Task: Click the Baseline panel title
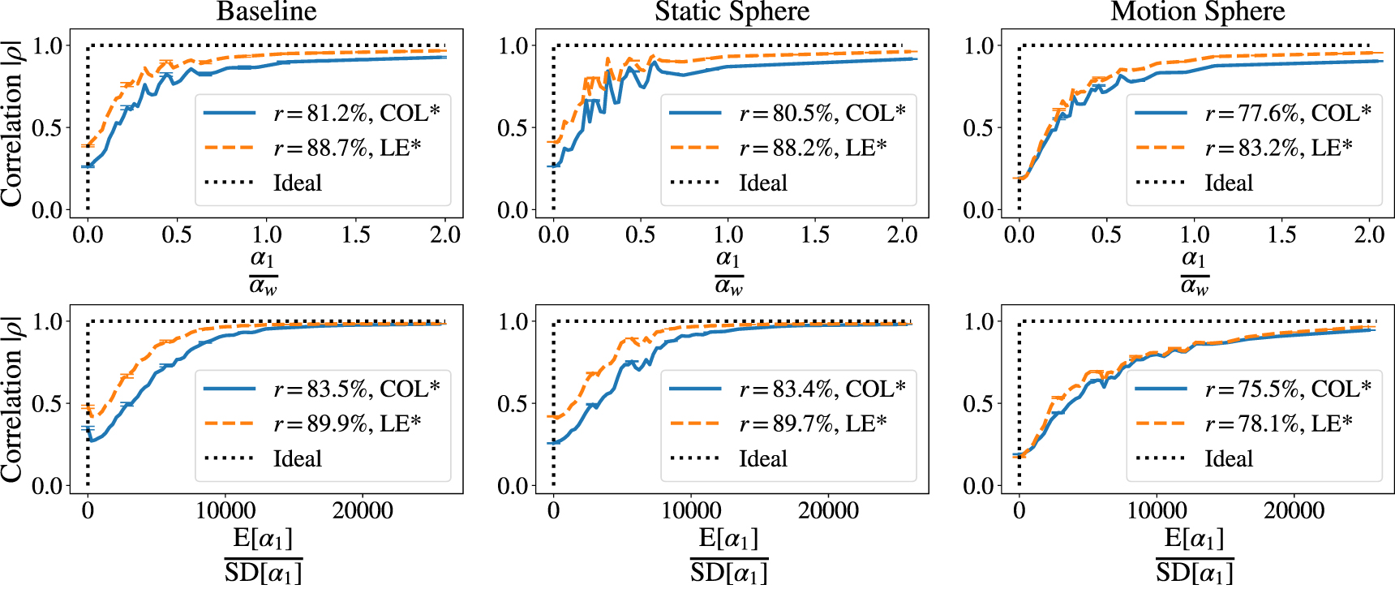point(266,11)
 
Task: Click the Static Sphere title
point(732,11)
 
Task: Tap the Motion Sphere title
point(1197,11)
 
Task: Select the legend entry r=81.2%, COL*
point(356,113)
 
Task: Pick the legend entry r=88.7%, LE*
point(347,148)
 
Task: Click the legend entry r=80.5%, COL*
point(822,113)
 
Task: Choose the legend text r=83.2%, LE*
point(1278,148)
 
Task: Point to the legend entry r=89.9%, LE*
point(347,423)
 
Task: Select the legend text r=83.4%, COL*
point(822,389)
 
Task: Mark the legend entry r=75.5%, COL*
point(1287,389)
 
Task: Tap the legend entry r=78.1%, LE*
point(1278,423)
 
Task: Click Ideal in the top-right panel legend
point(1228,183)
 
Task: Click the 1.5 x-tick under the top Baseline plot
point(356,235)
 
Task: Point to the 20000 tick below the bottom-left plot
point(363,511)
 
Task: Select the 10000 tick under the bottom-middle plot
point(690,511)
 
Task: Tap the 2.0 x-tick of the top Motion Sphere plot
point(1369,235)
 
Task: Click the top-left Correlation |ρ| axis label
point(11,122)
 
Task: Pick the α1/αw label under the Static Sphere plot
point(728,272)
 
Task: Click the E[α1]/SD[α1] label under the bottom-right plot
point(1194,555)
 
